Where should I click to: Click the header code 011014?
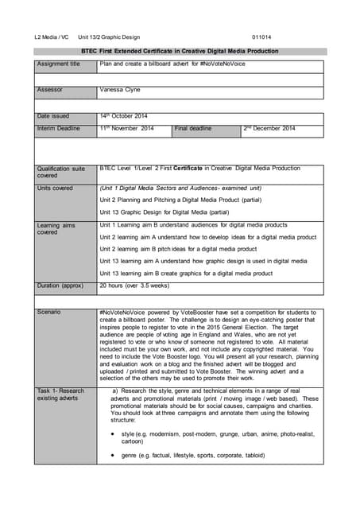261,37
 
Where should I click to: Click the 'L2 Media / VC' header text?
52,37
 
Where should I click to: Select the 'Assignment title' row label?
59,64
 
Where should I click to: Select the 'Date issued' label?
54,116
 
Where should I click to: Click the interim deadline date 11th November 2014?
126,128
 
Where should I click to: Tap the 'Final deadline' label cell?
193,128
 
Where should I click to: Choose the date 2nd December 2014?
269,128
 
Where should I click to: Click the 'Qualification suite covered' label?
61,172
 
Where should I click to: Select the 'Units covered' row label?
55,188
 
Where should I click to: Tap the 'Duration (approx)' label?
60,285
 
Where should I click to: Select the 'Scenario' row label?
48,312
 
